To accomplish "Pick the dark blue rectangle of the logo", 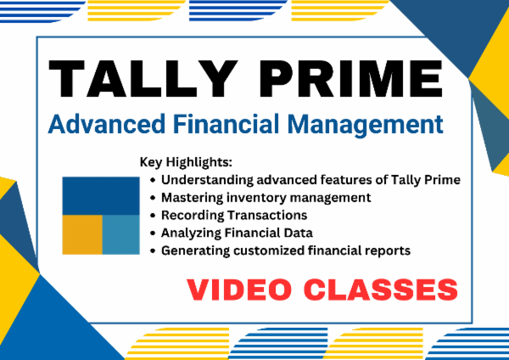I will tap(101, 195).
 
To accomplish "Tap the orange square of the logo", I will tap(82, 234).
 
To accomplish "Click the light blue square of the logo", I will tap(120, 234).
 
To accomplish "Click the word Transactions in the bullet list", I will tap(269, 215).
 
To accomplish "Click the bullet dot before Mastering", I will tap(153, 198).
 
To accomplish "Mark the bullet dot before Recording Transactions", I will tap(153, 216).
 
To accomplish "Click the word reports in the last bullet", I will tap(387, 250).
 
